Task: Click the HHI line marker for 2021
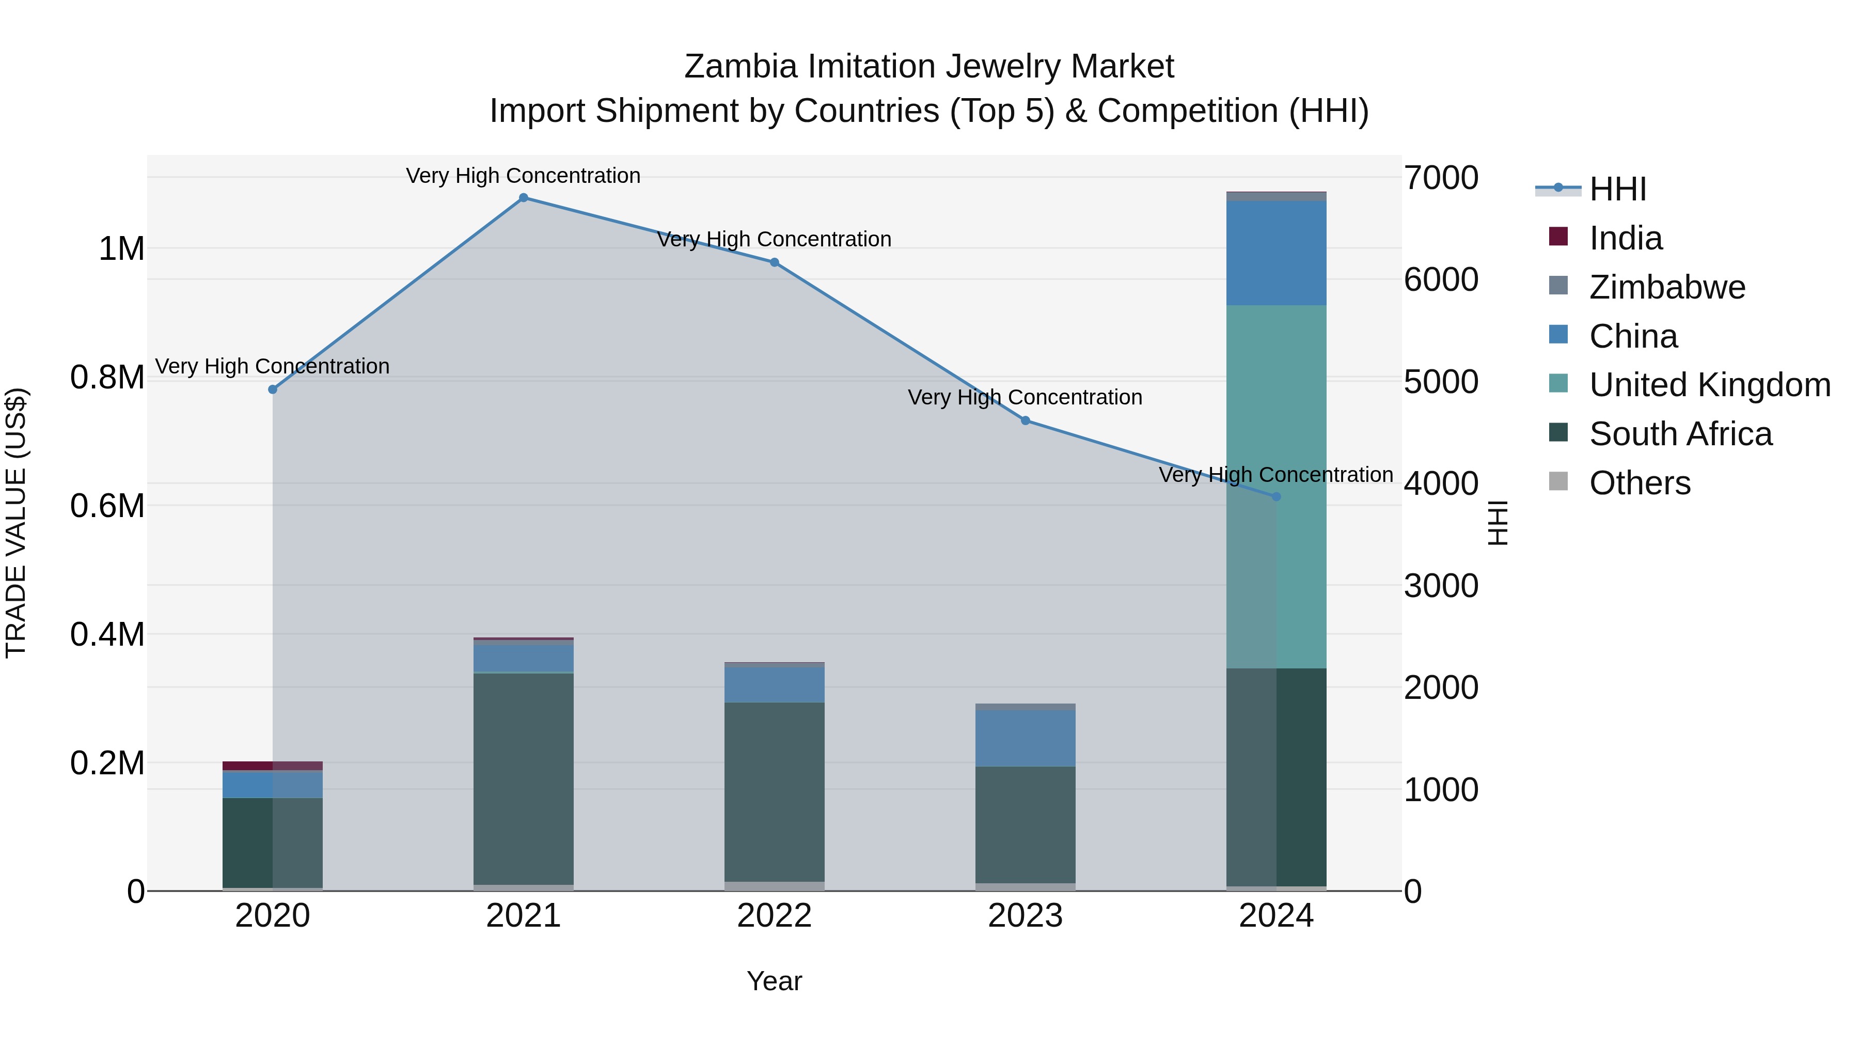[x=523, y=198]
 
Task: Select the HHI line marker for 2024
[x=1276, y=496]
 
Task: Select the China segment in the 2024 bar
[x=1276, y=253]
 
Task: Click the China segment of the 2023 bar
[x=1025, y=738]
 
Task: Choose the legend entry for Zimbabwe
[x=1666, y=287]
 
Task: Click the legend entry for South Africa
[x=1680, y=434]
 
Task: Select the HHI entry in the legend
[x=1617, y=189]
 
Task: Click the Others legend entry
[x=1639, y=483]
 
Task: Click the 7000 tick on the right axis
[x=1440, y=178]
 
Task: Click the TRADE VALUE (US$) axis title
[x=16, y=523]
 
